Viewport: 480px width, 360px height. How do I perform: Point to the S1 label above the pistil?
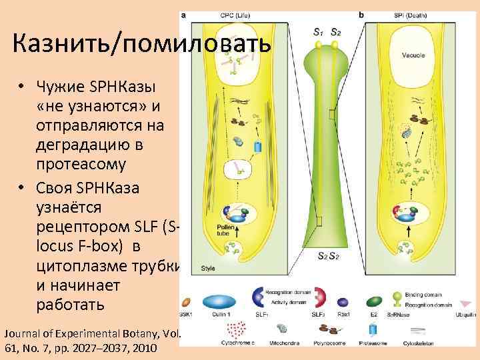319,31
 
